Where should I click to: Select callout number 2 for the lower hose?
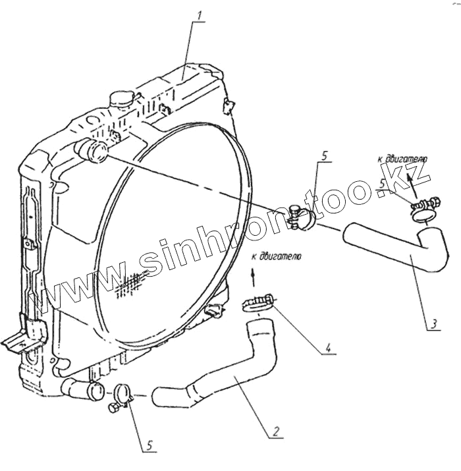point(277,432)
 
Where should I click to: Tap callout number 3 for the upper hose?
point(433,323)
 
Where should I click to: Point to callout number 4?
point(327,346)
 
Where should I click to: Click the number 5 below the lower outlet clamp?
point(151,446)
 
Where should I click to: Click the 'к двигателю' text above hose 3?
point(402,160)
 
